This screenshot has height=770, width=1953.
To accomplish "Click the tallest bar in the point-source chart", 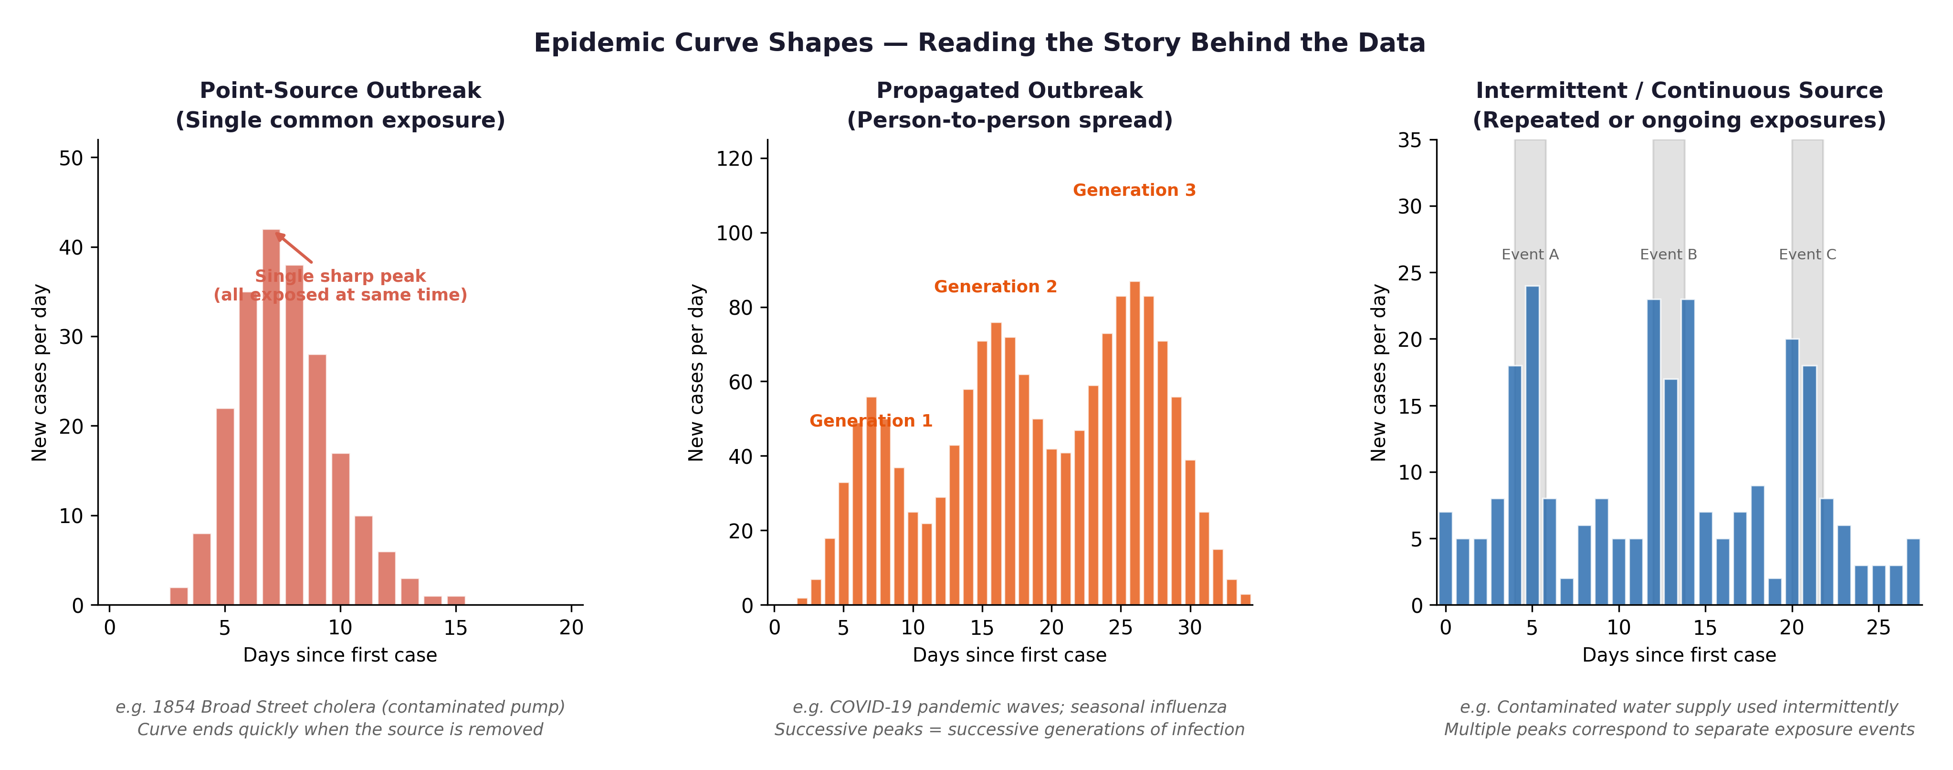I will pyautogui.click(x=271, y=417).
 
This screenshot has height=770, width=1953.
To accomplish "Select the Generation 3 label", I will pyautogui.click(x=1134, y=191).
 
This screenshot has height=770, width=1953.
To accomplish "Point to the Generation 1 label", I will pyautogui.click(x=871, y=421).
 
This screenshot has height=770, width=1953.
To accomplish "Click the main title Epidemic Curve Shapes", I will pyautogui.click(x=979, y=43).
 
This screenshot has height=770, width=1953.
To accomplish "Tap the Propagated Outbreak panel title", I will pyautogui.click(x=1009, y=90).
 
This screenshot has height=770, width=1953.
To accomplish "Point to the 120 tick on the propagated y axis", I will pyautogui.click(x=734, y=159).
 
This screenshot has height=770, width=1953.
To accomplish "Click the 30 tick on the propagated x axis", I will pyautogui.click(x=1189, y=627).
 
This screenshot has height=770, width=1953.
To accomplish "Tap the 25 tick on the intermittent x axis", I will pyautogui.click(x=1878, y=627).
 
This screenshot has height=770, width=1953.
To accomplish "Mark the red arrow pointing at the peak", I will pyautogui.click(x=294, y=249).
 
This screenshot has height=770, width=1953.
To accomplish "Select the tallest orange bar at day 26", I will pyautogui.click(x=1134, y=444).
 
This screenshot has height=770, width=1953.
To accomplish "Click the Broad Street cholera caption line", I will pyautogui.click(x=340, y=707).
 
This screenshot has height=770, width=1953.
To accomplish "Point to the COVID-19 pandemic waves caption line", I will pyautogui.click(x=1009, y=707).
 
